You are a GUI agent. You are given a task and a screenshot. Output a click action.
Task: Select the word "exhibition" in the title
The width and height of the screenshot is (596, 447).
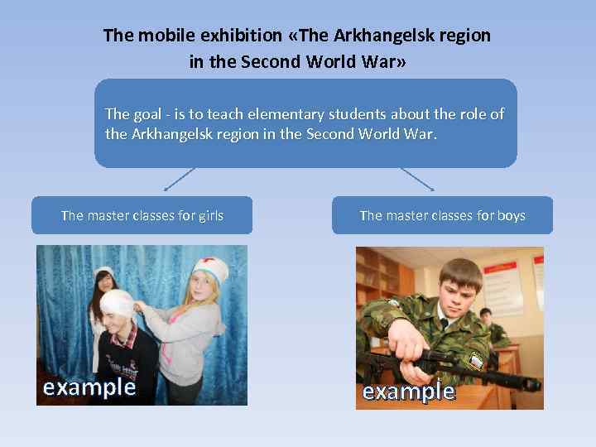click(x=233, y=36)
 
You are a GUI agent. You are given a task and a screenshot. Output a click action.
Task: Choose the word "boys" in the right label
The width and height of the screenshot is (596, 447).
click(x=511, y=216)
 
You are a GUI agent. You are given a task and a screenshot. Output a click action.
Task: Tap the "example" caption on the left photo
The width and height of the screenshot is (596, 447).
click(x=89, y=387)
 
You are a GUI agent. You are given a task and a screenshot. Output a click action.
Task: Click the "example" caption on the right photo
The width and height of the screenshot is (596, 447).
click(x=409, y=392)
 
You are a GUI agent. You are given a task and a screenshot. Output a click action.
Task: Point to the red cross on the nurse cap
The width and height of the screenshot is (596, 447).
click(x=211, y=267)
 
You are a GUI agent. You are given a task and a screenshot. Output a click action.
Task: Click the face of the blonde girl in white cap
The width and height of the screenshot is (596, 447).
click(x=204, y=288)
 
